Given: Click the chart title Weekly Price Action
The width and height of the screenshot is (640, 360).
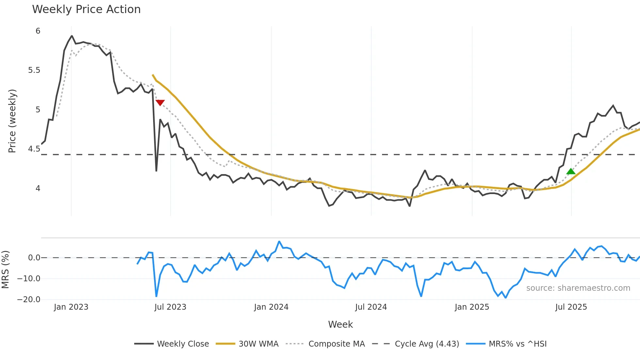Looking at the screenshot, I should (x=86, y=9).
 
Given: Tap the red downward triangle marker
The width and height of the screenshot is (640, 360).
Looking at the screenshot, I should (x=160, y=103).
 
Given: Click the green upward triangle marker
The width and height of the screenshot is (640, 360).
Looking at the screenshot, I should (x=571, y=172).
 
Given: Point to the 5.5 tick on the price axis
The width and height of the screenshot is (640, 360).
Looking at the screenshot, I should (x=34, y=70).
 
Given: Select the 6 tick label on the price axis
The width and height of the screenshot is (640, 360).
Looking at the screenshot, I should (x=38, y=31).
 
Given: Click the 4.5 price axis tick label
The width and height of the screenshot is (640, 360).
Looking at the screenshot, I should (x=34, y=149).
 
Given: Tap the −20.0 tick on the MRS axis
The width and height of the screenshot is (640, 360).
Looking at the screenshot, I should (x=29, y=300).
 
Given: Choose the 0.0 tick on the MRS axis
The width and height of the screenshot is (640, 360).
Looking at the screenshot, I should (x=34, y=258).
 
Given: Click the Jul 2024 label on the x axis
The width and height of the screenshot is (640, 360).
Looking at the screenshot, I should (x=371, y=307).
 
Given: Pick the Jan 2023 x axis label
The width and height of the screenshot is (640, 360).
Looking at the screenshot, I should (x=71, y=307).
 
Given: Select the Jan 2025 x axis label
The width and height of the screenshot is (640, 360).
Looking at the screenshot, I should (x=472, y=307).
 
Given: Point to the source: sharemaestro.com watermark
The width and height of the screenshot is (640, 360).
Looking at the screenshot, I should (x=578, y=288).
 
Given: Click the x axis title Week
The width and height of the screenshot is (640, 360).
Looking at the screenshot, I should (x=340, y=324).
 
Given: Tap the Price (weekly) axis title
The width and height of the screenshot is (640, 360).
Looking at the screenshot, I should (x=12, y=121).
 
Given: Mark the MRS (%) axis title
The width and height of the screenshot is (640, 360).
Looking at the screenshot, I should (x=5, y=270).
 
